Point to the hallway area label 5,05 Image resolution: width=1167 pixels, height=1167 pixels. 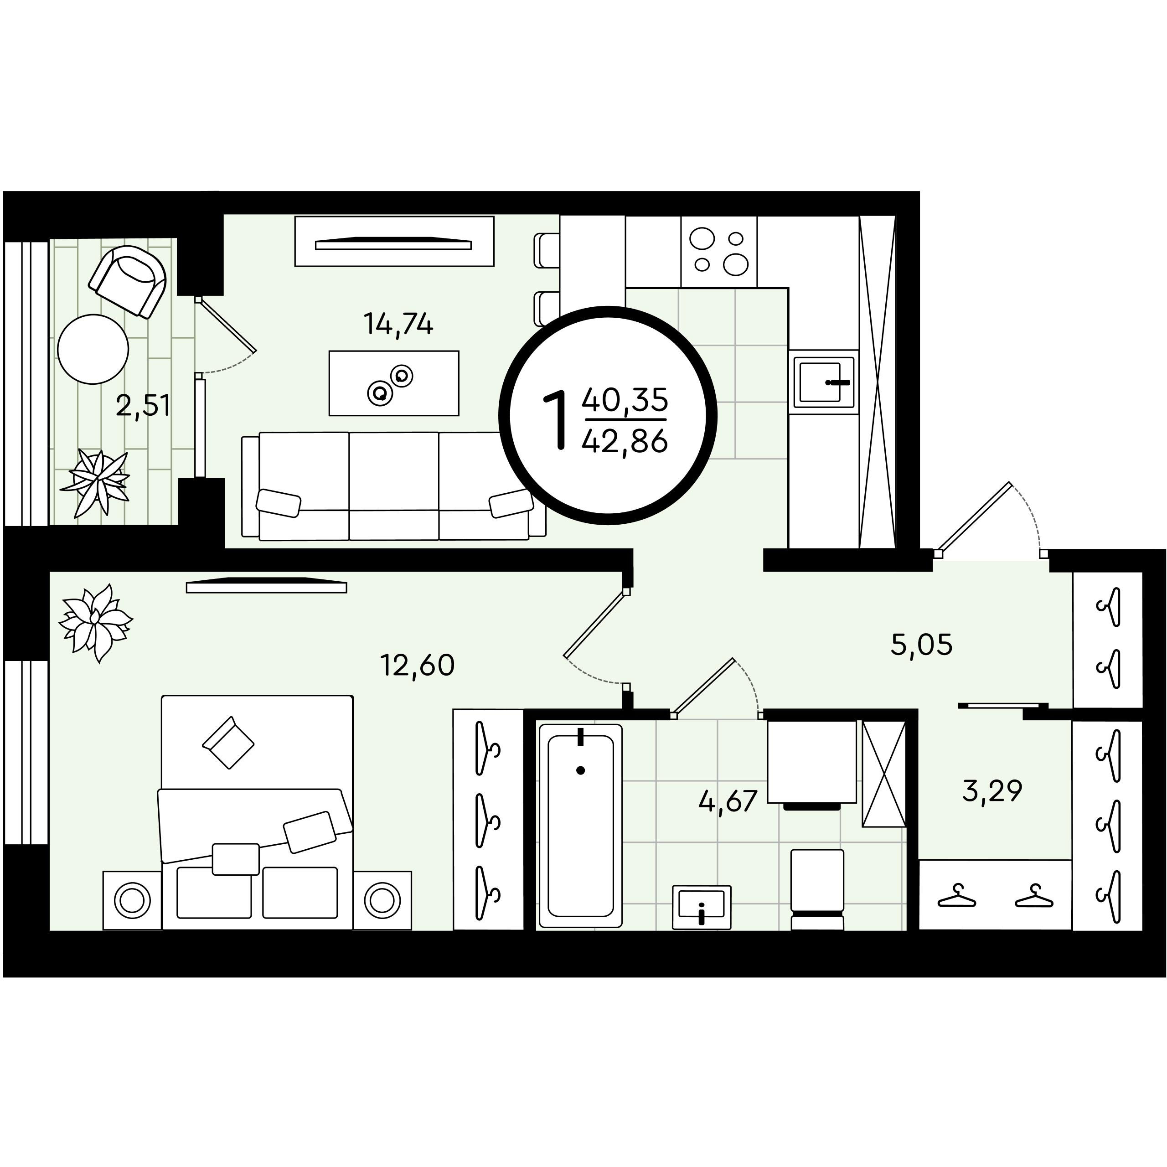[x=922, y=645]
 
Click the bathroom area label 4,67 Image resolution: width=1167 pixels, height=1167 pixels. [x=728, y=801]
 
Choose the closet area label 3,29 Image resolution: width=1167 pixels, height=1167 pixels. [x=992, y=790]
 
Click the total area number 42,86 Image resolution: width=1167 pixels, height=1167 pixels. [x=625, y=442]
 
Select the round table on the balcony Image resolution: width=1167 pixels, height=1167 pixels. [x=93, y=349]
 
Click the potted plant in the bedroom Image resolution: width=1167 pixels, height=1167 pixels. [x=95, y=623]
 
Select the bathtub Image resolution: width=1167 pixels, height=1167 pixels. [x=580, y=826]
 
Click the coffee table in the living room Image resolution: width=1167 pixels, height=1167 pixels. [x=394, y=383]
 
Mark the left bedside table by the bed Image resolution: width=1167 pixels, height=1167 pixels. [x=132, y=900]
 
